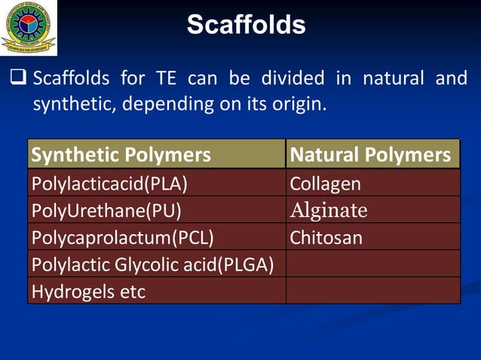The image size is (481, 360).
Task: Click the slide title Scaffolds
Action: [x=246, y=25]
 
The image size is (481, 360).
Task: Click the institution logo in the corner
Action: [x=28, y=27]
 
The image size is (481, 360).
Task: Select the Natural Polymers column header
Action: [x=372, y=155]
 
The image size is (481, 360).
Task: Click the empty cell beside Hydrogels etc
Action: [x=372, y=291]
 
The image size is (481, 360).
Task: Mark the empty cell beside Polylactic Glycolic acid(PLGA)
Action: [x=372, y=264]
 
